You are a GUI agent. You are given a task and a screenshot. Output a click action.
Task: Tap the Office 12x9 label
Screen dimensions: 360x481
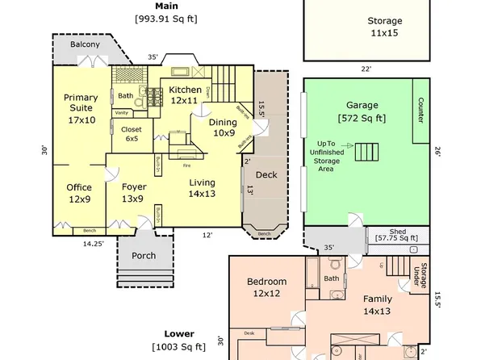click(79, 194)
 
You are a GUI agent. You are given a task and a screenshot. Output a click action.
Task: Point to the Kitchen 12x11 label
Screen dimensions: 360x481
click(184, 94)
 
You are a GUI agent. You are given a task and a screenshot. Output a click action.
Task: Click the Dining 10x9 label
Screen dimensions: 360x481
click(223, 128)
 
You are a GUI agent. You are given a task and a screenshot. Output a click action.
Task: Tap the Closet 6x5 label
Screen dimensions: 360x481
click(130, 133)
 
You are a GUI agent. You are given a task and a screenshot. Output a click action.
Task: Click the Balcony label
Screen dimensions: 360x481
click(85, 44)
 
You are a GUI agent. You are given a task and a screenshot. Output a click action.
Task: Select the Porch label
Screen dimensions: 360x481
click(144, 256)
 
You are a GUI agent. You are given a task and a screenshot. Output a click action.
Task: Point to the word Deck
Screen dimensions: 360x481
click(266, 174)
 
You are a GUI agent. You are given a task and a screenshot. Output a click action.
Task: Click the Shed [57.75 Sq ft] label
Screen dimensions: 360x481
click(397, 234)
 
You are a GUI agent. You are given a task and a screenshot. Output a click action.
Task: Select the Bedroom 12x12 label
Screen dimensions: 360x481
click(266, 287)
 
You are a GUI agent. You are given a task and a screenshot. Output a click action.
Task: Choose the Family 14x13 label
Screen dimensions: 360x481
click(376, 304)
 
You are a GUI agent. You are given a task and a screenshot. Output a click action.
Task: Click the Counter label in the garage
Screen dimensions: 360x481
click(420, 111)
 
